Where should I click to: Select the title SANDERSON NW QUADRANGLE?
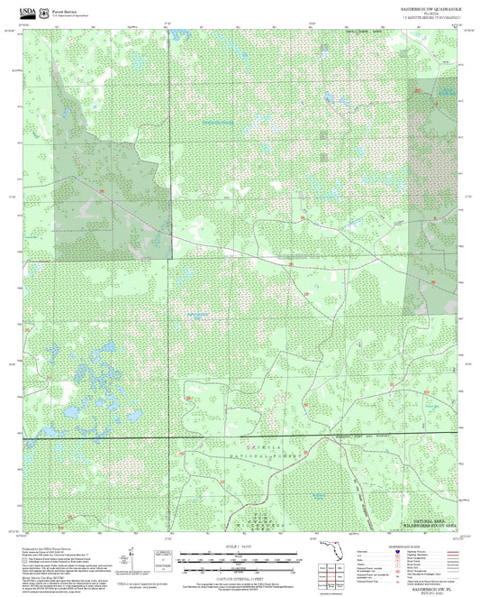pyautogui.click(x=430, y=7)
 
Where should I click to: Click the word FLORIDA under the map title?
pyautogui.click(x=430, y=13)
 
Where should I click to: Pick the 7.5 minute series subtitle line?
pyautogui.click(x=430, y=17)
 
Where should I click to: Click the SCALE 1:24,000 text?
pyautogui.click(x=240, y=544)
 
